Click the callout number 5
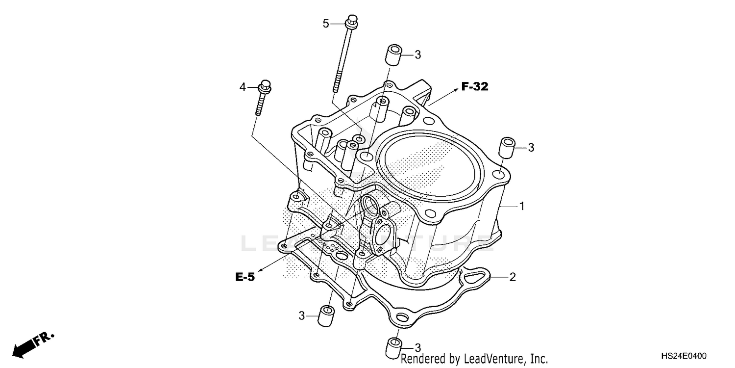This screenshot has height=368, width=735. (325, 23)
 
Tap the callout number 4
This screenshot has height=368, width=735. (243, 87)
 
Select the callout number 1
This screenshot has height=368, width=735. (522, 206)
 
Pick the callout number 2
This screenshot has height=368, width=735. (513, 277)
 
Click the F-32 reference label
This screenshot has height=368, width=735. (474, 87)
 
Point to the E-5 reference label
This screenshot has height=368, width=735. (245, 277)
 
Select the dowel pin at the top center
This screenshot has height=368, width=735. (393, 54)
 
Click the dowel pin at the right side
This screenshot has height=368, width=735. (507, 147)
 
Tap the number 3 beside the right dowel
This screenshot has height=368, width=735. (531, 147)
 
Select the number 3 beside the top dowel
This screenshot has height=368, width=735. (417, 54)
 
